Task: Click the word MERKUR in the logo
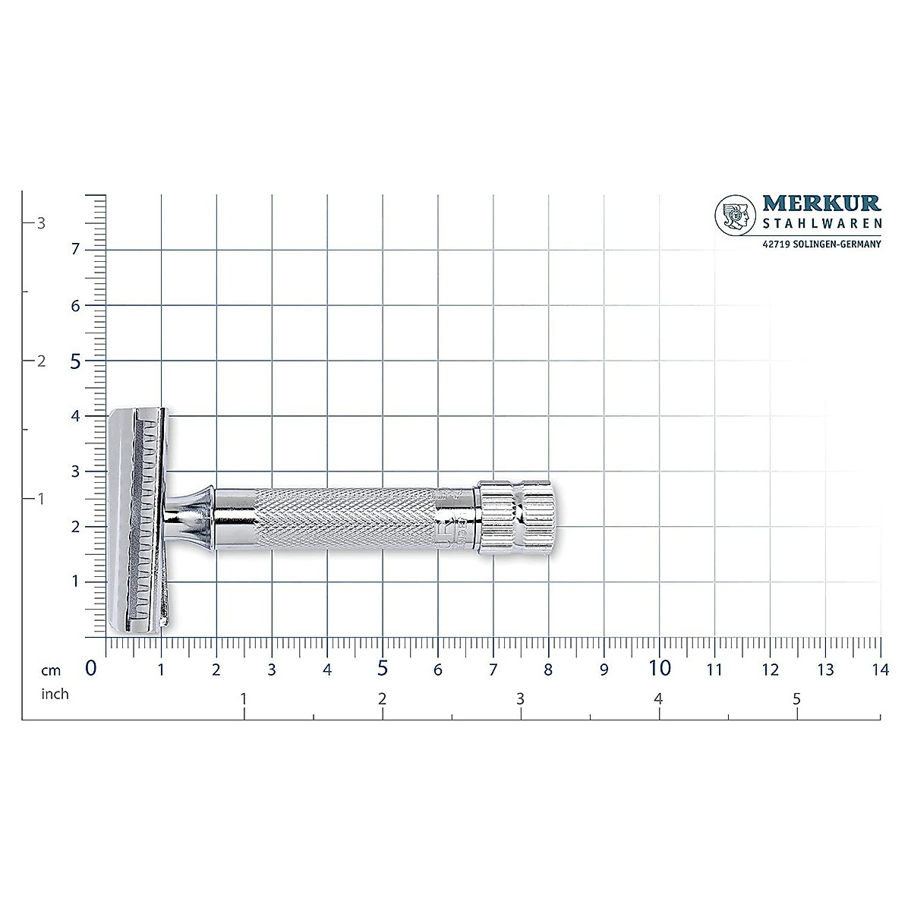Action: coord(821,203)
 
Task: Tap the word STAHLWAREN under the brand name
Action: coord(821,223)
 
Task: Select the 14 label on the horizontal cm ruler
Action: coord(880,670)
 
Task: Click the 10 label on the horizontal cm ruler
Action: coord(660,668)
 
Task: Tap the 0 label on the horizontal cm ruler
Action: coord(92,668)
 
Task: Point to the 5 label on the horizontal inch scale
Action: coord(796,699)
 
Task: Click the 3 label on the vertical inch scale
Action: coord(42,223)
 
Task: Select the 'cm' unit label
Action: coord(51,670)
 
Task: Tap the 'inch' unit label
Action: coord(55,694)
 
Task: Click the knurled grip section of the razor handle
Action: coord(345,519)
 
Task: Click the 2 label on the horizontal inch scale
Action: coord(382,699)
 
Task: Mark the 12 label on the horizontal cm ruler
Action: coord(770,670)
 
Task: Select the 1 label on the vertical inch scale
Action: coord(42,499)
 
